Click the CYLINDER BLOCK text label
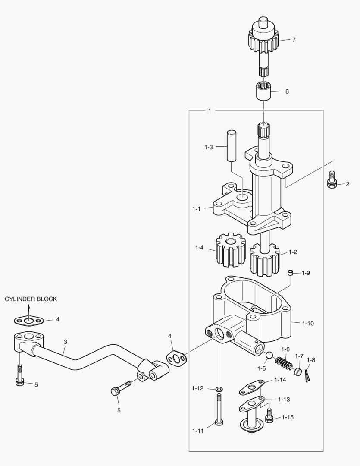pos(31,299)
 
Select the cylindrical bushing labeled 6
pos(263,91)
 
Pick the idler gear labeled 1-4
pos(231,249)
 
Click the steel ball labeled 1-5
pos(269,356)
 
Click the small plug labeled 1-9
pos(290,273)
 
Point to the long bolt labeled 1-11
pos(219,409)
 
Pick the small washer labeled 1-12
pos(219,389)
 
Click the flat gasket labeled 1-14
pos(252,387)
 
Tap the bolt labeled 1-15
pos(269,415)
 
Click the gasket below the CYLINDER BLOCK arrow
pos(29,320)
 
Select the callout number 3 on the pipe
pos(66,342)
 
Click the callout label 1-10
pos(308,323)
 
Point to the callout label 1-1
pos(196,209)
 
